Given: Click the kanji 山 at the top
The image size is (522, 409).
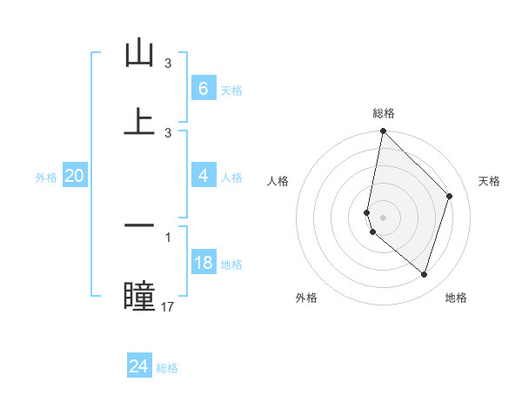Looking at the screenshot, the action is tap(139, 54).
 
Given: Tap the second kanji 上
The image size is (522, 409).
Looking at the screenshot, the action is tap(139, 121).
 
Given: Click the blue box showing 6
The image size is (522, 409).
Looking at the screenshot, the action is tap(203, 88).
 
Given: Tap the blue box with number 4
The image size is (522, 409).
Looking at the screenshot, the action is tap(203, 176).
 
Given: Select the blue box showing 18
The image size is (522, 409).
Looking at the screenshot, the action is tap(203, 263).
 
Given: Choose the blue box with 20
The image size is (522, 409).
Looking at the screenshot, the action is tap(74, 177).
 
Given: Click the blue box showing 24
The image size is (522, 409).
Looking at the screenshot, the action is tap(138, 366).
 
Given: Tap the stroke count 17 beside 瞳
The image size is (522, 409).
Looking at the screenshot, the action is tap(168, 306).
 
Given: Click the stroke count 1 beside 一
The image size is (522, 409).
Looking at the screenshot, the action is tap(168, 236).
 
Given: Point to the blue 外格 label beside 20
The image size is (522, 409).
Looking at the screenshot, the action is tap(46, 178).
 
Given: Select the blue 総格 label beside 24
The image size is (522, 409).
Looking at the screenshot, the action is tap(167, 368).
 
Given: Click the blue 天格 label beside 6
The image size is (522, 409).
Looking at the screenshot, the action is tap(231, 90).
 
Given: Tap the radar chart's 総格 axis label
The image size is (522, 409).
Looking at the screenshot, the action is tap(384, 113).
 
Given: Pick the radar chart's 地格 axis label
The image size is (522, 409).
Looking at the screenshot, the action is tap(456, 298).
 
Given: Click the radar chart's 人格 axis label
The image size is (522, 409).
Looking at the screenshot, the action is tap(278, 181).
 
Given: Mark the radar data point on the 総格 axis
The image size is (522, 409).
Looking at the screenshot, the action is tap(383, 131).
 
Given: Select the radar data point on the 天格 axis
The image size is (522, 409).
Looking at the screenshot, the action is tap(450, 196).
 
